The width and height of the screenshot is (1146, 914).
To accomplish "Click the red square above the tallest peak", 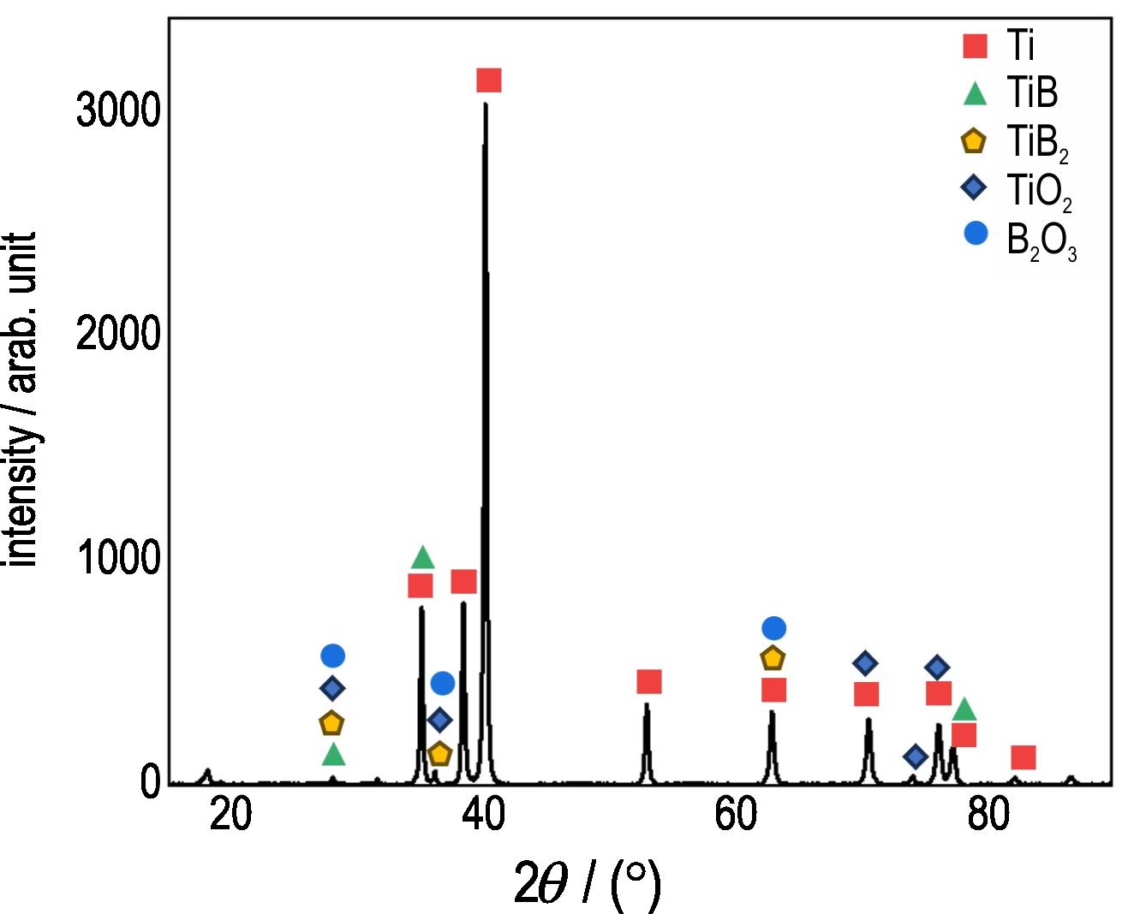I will coord(488,80).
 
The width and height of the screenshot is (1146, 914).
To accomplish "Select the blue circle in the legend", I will coord(975,233).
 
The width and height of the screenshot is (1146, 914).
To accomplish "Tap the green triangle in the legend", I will coord(975,93).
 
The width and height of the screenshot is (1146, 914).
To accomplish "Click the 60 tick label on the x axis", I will coord(736,816).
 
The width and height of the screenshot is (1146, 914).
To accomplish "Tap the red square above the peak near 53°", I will coord(649,682).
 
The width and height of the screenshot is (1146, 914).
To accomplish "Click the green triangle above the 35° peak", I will coord(422,558).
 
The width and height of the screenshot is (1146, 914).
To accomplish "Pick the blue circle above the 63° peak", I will coord(773,628).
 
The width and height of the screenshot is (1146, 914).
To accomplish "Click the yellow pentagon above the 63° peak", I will coord(773,658).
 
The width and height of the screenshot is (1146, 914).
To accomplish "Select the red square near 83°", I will coord(1023,757).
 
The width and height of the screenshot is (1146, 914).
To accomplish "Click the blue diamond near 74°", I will coord(916,756).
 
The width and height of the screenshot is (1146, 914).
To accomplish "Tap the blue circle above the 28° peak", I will coord(332,656).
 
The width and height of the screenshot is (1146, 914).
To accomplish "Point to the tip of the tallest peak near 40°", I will coord(486,104).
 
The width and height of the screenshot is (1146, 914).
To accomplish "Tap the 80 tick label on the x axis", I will coord(988,816).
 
